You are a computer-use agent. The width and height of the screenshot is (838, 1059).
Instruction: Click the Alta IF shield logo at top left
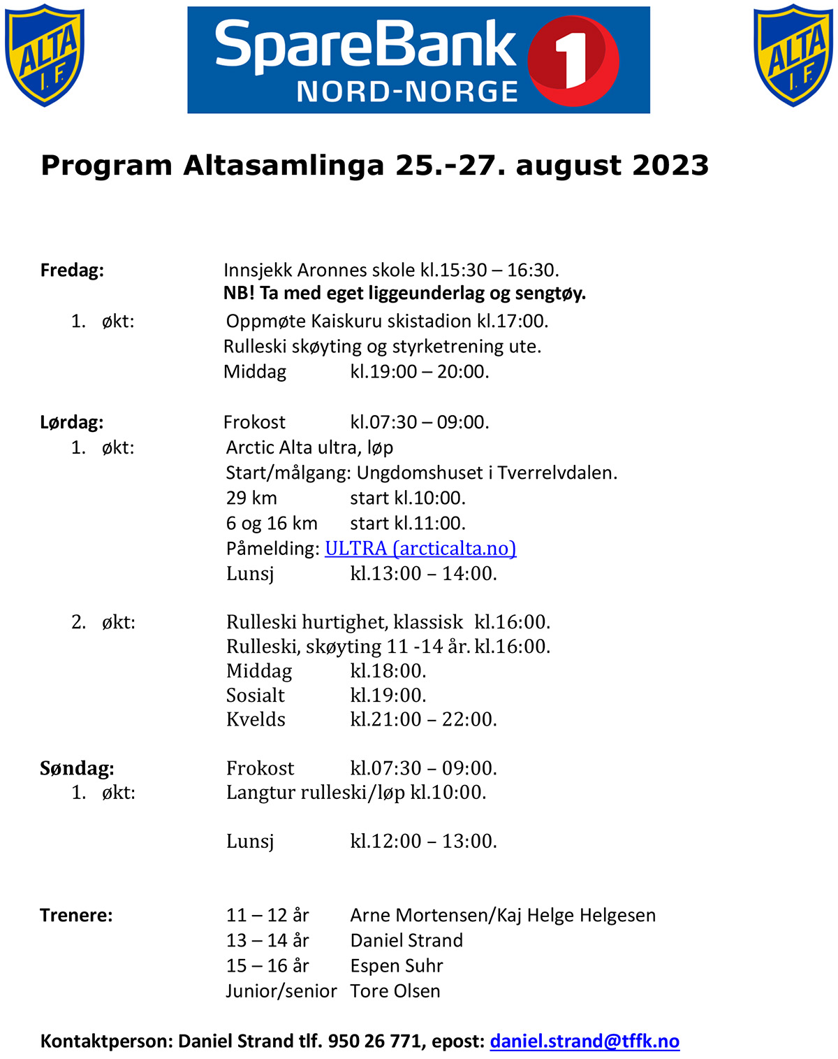coord(45,55)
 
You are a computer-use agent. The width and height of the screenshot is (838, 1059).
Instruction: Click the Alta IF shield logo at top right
coord(793,55)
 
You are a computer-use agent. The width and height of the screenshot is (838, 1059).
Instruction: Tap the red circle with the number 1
coord(573,60)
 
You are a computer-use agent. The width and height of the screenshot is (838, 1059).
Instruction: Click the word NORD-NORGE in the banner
coord(407,92)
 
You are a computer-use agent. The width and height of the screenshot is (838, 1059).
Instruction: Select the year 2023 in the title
coord(670,166)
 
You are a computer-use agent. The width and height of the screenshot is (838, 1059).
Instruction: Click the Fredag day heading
coord(72,270)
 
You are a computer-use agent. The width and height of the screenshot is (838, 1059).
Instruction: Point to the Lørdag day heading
coord(72,422)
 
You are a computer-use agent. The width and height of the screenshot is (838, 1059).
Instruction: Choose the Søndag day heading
coord(77,768)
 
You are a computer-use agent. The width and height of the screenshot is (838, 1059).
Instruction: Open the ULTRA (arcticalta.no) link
coord(420,549)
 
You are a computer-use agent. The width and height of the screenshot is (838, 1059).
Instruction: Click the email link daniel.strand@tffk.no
coord(585,1041)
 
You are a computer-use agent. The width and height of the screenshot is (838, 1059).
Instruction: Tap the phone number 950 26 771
coord(374,1041)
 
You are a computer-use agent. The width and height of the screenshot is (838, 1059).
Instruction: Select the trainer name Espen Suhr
coord(397,965)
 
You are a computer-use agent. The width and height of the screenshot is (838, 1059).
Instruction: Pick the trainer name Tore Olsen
coord(395,990)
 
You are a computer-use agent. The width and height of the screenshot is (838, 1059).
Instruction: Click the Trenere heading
coord(76,915)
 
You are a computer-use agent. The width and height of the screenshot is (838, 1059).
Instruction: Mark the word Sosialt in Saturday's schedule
coord(256,696)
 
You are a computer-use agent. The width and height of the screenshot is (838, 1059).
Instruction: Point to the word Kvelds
coord(256,719)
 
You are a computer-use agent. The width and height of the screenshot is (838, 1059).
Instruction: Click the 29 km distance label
coord(251,498)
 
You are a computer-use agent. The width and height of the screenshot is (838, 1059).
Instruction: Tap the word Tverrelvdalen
coord(557,473)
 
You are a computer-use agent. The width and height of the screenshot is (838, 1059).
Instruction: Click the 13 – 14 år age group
coord(267,940)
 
